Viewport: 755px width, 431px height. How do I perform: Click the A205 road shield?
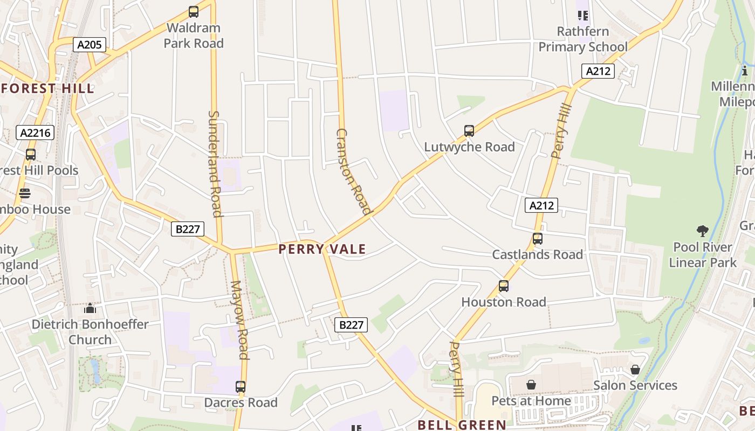click(x=89, y=45)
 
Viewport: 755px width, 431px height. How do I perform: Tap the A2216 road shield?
click(x=35, y=133)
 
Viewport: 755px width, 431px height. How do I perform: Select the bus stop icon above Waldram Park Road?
click(x=193, y=12)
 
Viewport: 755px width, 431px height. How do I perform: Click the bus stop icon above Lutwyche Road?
click(x=469, y=131)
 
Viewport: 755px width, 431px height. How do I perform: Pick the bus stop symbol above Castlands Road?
click(x=537, y=239)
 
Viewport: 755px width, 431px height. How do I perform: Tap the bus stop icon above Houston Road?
click(x=504, y=286)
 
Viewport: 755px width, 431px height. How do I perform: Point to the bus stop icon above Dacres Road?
click(x=241, y=387)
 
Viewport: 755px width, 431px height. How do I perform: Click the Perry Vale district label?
click(x=322, y=249)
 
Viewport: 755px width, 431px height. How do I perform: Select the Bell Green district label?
click(x=462, y=425)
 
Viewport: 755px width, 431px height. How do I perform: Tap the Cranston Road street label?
click(x=353, y=171)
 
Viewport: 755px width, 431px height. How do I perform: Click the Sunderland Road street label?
click(x=215, y=164)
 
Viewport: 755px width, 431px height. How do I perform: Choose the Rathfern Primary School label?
click(x=583, y=39)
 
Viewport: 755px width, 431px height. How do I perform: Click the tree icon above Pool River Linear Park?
click(x=702, y=232)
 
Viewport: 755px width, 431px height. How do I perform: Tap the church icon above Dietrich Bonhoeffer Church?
click(x=90, y=309)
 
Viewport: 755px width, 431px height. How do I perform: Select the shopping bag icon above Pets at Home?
click(x=531, y=385)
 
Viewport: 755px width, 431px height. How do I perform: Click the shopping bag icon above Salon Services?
click(x=635, y=370)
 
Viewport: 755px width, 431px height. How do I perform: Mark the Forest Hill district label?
click(x=47, y=88)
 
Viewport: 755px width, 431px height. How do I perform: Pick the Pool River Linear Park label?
click(x=702, y=255)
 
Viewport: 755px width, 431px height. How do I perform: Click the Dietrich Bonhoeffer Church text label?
click(x=90, y=332)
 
